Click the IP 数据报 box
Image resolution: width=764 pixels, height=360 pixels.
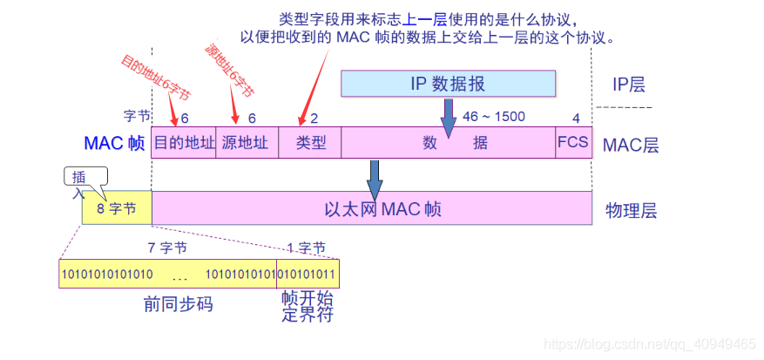(x=448, y=84)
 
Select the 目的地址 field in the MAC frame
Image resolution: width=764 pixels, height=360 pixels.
(x=184, y=143)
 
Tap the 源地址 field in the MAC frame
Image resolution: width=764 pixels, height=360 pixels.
(x=246, y=143)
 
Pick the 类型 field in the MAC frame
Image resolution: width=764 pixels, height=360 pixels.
(x=309, y=143)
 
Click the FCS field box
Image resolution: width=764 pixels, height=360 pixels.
(x=574, y=143)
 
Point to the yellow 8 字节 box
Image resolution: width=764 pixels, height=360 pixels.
(x=117, y=209)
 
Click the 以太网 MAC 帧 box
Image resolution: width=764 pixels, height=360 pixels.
(x=371, y=209)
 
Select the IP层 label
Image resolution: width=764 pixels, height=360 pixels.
(x=629, y=85)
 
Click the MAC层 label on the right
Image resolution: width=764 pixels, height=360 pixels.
(x=631, y=144)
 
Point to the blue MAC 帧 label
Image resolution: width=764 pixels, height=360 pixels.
(x=114, y=143)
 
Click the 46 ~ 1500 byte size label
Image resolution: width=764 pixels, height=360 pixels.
(x=494, y=117)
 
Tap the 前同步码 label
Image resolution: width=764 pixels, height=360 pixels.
(x=179, y=304)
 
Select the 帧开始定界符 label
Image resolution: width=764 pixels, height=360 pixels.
(x=308, y=306)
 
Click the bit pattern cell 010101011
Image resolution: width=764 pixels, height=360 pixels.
(x=308, y=274)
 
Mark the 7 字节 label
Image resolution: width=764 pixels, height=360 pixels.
(x=167, y=248)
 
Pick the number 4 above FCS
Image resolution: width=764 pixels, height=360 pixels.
(x=575, y=118)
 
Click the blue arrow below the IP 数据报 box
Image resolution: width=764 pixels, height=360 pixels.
(x=449, y=117)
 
